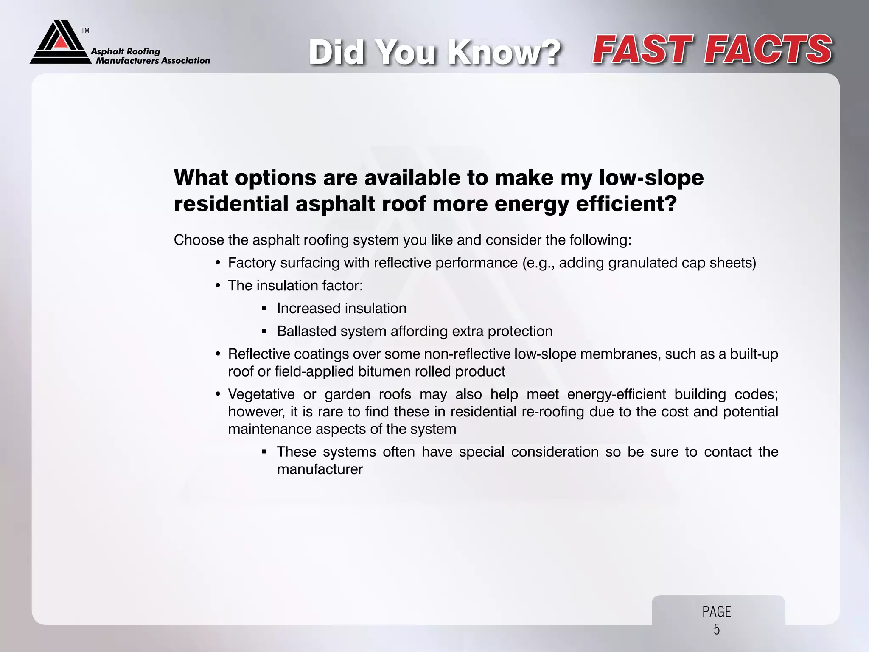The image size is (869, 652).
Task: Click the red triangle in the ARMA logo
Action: (61, 41)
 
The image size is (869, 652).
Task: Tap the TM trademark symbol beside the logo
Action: (85, 31)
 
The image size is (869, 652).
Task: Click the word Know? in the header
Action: (505, 53)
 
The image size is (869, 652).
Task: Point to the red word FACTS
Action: (768, 50)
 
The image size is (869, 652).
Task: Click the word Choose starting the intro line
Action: (199, 240)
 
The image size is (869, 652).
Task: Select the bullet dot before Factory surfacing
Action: (218, 263)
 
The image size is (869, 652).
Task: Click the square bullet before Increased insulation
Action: (264, 309)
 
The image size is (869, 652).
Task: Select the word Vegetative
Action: (261, 394)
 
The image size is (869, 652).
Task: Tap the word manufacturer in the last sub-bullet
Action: (320, 469)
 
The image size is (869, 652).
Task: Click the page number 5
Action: (717, 629)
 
